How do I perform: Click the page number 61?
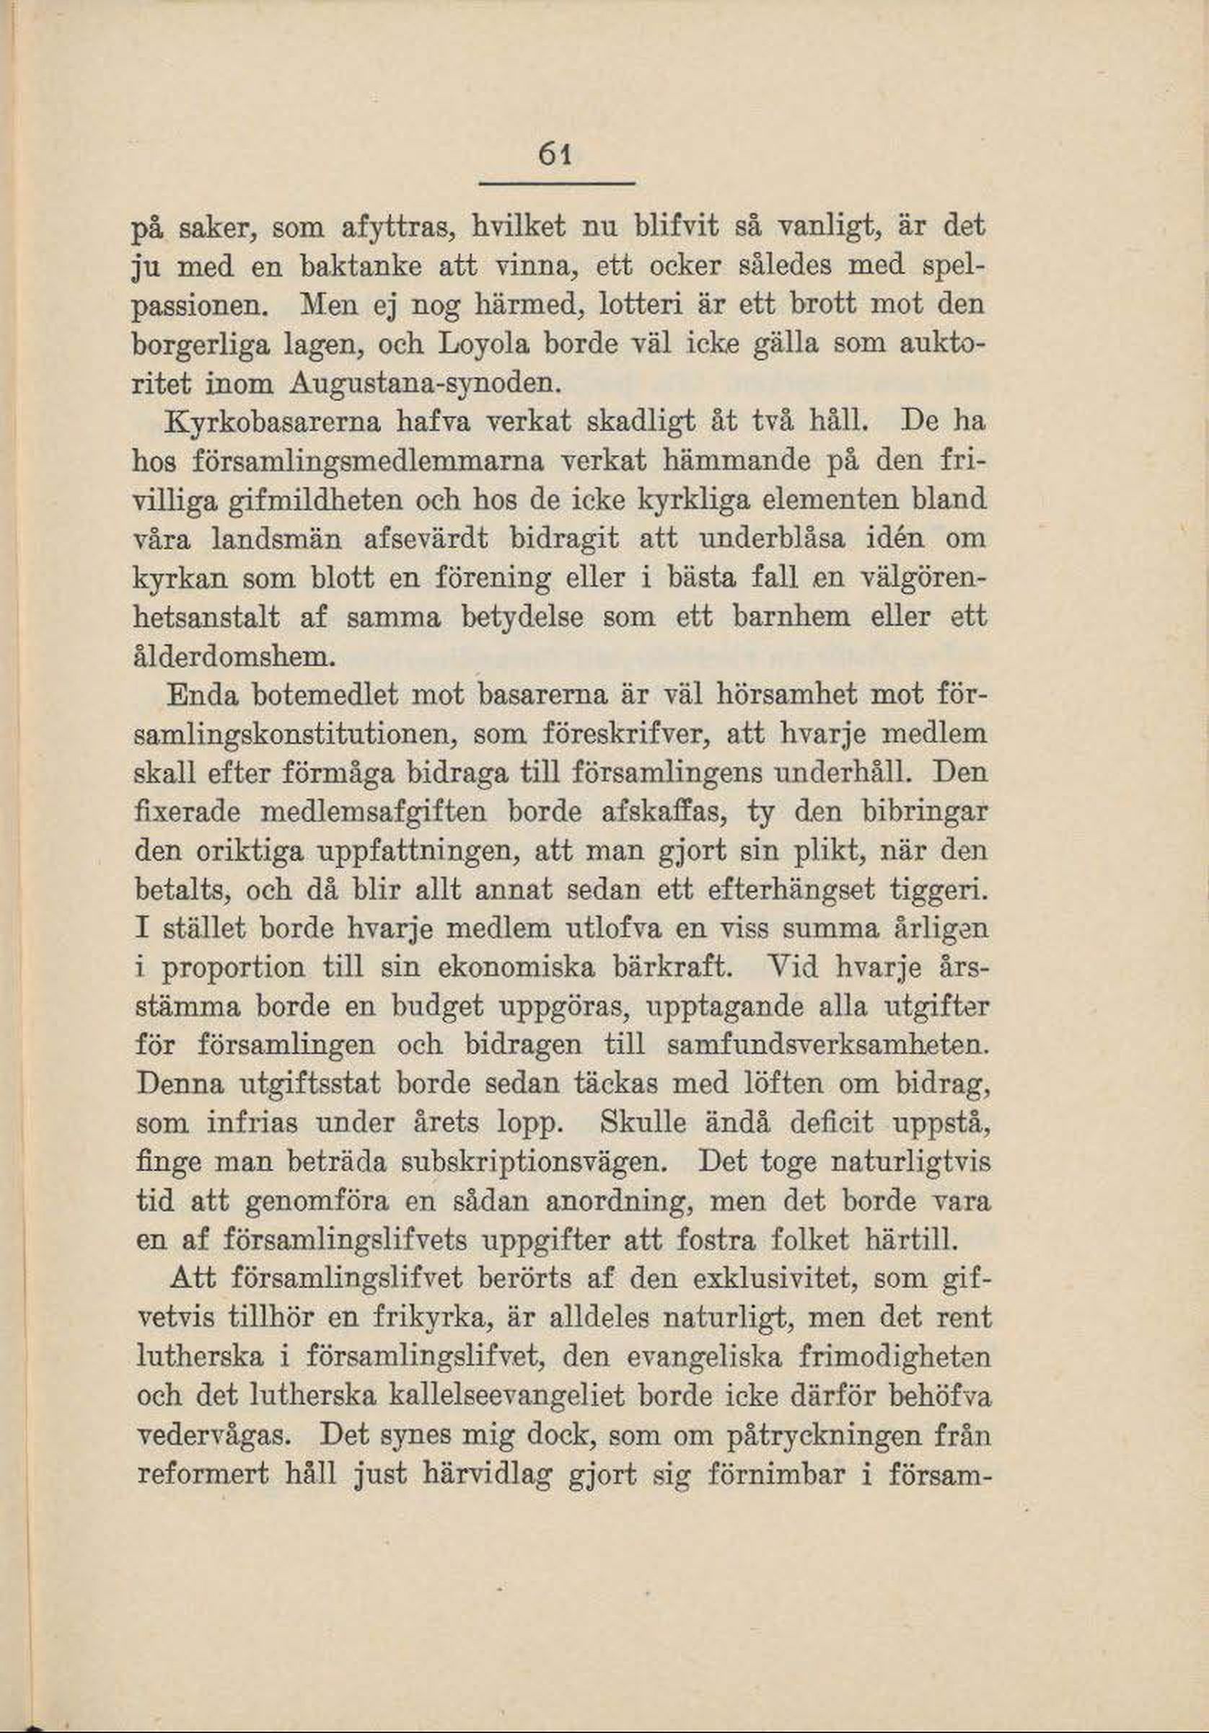[x=555, y=158]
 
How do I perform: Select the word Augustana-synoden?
[x=424, y=384]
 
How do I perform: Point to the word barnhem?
[x=792, y=617]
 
